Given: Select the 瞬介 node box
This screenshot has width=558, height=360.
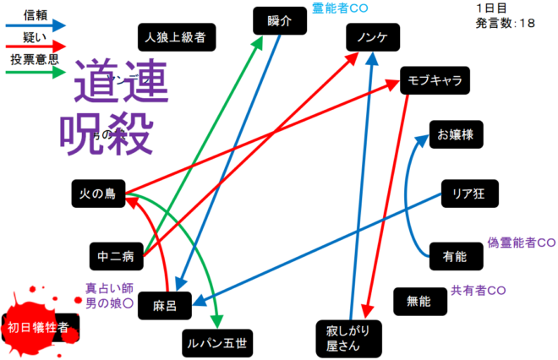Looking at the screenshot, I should [x=277, y=21].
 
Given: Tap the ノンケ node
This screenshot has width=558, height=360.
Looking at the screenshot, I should [x=372, y=38].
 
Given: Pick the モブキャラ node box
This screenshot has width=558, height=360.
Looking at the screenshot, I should [x=435, y=79].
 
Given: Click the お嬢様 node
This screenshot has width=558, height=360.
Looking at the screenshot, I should [x=455, y=134].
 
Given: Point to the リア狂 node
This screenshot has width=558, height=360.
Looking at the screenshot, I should [x=469, y=194].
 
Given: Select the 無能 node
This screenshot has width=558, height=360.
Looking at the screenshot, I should [x=419, y=300].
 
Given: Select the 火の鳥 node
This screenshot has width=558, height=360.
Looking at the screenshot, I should [x=98, y=194].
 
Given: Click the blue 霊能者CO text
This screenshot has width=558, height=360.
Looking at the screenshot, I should [x=341, y=8].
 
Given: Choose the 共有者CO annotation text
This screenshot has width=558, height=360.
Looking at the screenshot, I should [x=479, y=290].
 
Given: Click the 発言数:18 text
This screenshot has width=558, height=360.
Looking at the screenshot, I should [x=505, y=23].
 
